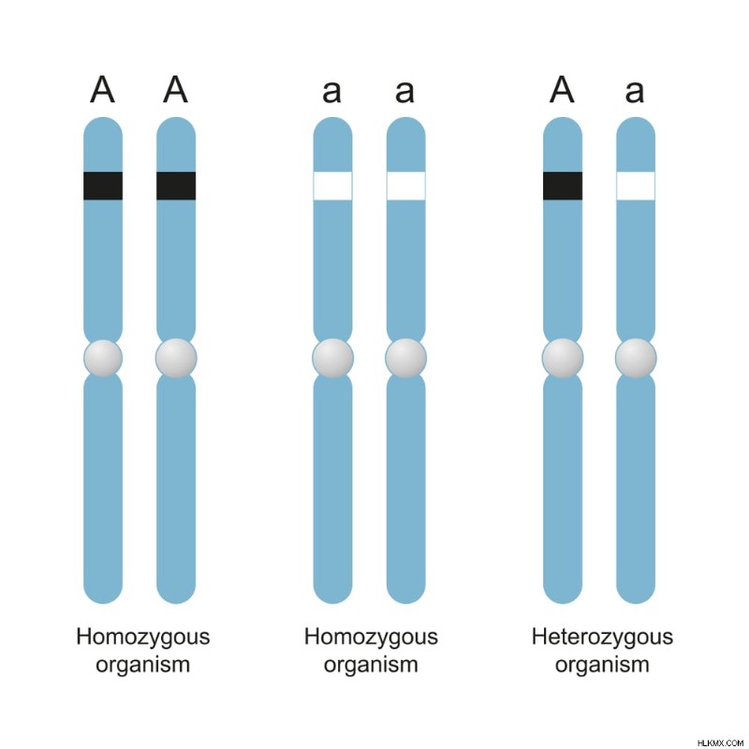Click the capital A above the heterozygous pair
[x=562, y=89]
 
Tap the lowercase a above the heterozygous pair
[x=635, y=92]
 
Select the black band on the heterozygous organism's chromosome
[x=563, y=185]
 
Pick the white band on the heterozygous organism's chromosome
[x=636, y=185]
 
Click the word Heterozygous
[x=602, y=638]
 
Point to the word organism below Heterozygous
[x=602, y=665]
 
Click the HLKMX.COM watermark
[x=720, y=742]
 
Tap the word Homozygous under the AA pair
[x=143, y=638]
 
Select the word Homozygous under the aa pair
[x=371, y=638]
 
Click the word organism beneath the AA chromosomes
[x=143, y=665]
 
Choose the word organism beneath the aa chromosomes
[x=371, y=665]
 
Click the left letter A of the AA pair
[x=102, y=89]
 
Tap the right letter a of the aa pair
[x=404, y=92]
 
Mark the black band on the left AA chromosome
[x=103, y=185]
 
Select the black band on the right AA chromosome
[x=176, y=185]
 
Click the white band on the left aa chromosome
[x=333, y=185]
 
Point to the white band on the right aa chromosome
[x=406, y=185]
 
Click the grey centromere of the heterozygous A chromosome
[x=563, y=359]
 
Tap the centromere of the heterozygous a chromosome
[x=636, y=359]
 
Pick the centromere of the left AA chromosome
[x=103, y=359]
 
